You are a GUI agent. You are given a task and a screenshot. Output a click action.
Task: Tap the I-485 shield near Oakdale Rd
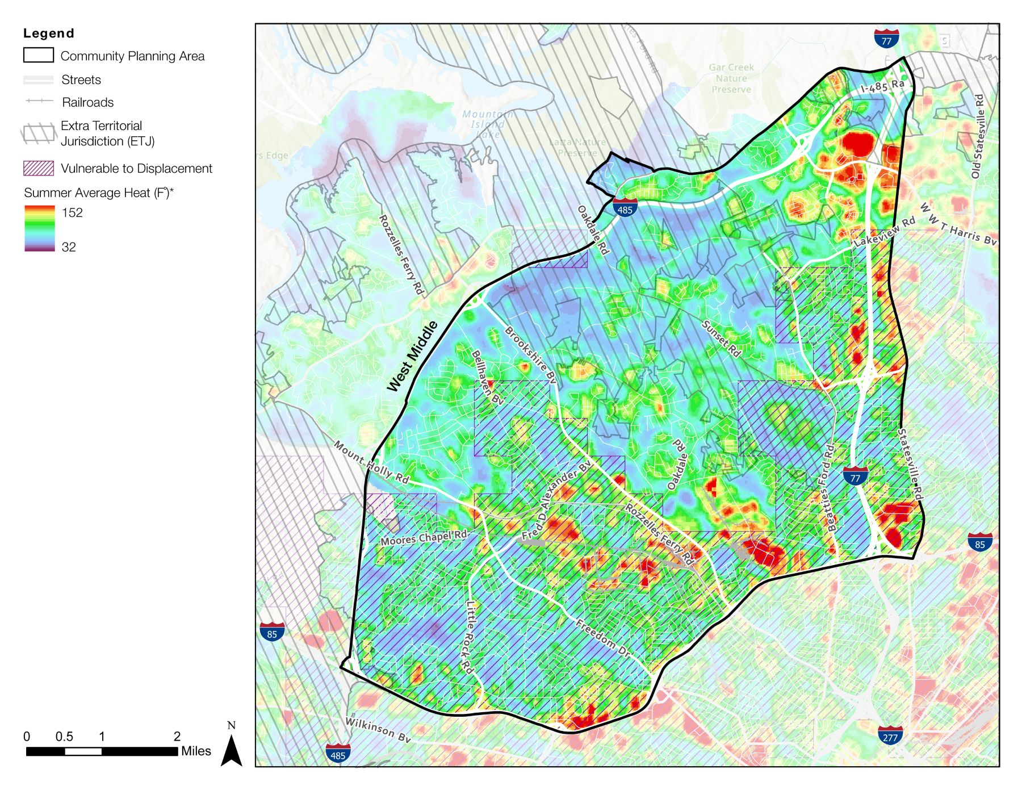(x=625, y=207)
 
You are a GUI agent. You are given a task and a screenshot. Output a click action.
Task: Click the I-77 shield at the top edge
(x=886, y=38)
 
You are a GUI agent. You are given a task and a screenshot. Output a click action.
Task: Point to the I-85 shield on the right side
(x=979, y=542)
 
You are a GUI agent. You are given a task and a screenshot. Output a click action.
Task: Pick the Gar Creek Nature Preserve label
(x=731, y=78)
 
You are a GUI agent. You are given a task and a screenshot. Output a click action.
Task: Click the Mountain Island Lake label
(x=487, y=124)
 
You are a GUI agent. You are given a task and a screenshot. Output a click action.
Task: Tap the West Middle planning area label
(x=413, y=356)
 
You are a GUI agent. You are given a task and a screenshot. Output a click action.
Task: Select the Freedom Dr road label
(x=603, y=639)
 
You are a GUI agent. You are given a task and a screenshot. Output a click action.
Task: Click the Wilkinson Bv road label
(x=378, y=730)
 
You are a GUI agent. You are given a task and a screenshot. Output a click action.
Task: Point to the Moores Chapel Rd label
(x=424, y=537)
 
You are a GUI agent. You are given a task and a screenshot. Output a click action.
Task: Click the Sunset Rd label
(x=722, y=339)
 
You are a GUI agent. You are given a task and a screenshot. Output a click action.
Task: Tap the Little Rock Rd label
(x=469, y=637)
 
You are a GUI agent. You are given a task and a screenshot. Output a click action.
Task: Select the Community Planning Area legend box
(x=39, y=55)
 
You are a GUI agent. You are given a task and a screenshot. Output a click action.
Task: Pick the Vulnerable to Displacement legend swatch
(x=39, y=168)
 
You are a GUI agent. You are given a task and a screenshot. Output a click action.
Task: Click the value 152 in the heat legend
(x=72, y=212)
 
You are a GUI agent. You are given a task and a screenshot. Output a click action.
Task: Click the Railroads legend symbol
(x=39, y=101)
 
